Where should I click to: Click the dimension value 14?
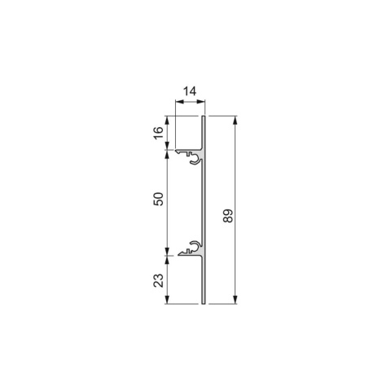coord(190,91)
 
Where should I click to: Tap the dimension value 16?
coord(159,133)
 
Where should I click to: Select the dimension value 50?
coord(159,199)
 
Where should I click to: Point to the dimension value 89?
coord(228,216)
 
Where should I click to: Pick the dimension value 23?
coord(159,280)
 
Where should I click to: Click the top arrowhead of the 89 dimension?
coord(235,121)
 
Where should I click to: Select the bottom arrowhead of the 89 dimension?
coord(235,299)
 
